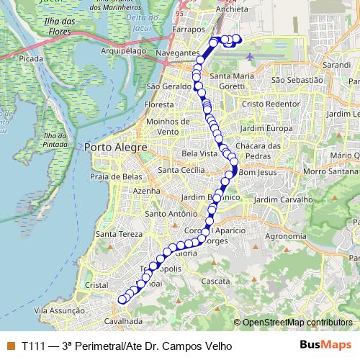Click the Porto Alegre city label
pyautogui.click(x=115, y=148)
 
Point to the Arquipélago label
pyautogui.click(x=123, y=51)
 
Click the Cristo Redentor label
pyautogui.click(x=269, y=104)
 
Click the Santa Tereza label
pyautogui.click(x=116, y=234)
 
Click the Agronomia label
pyautogui.click(x=285, y=235)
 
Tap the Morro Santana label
pyautogui.click(x=328, y=171)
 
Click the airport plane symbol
pyautogui.click(x=249, y=57)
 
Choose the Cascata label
pyautogui.click(x=216, y=281)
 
